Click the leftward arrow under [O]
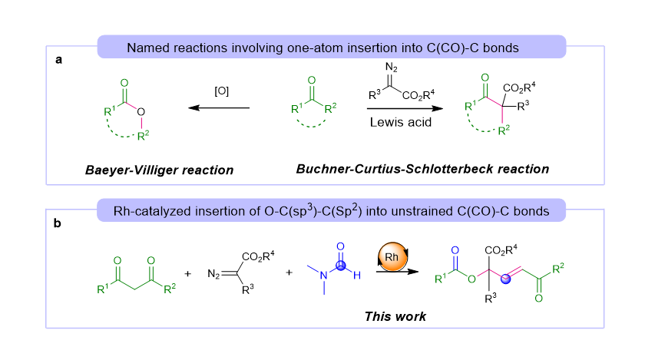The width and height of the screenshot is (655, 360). point(221,108)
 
